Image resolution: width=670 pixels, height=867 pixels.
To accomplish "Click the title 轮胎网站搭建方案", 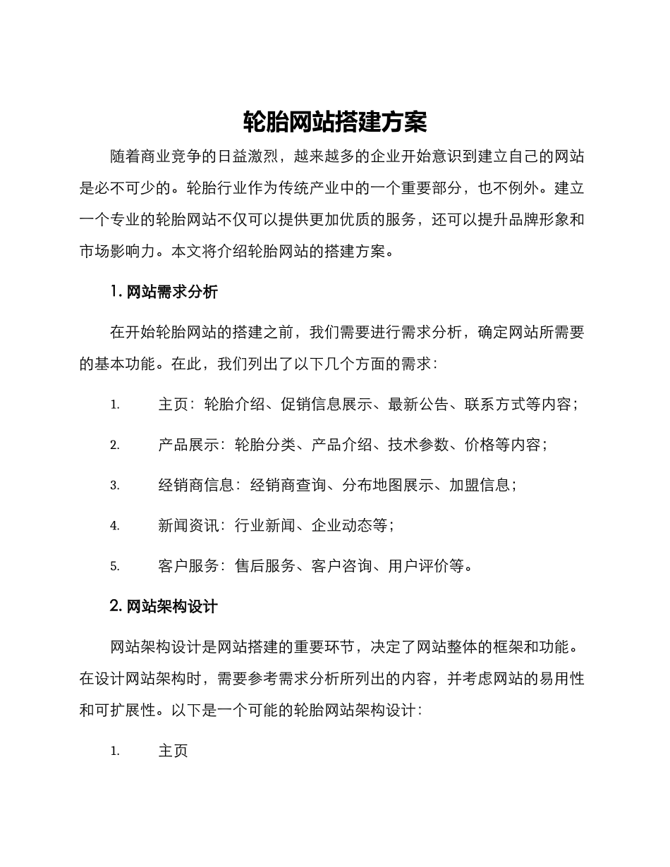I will click(x=335, y=122).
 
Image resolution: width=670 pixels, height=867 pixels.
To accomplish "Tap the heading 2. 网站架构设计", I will click(x=164, y=605).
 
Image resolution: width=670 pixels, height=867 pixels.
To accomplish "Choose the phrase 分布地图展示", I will click(x=387, y=485).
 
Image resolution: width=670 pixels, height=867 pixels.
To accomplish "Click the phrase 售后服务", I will click(x=264, y=565).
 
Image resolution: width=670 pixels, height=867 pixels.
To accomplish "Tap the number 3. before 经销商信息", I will click(x=115, y=486).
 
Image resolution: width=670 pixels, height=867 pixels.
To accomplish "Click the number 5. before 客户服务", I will click(x=115, y=566).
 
